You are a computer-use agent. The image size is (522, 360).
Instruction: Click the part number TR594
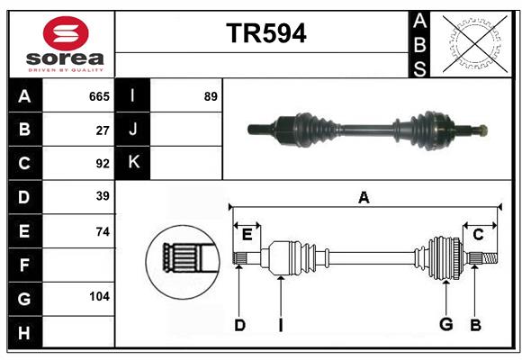pos(265,33)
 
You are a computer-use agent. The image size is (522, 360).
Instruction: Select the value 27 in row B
pos(103,130)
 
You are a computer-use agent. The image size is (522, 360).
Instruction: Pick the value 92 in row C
pos(103,164)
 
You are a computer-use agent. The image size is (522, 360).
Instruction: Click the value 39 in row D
pos(103,196)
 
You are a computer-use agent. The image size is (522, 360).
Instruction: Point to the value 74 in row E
pos(103,231)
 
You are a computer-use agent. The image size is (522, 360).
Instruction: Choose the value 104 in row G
pos(99,297)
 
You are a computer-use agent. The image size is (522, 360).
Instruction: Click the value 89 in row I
pos(211,96)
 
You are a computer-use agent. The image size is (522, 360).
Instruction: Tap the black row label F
pos(24,265)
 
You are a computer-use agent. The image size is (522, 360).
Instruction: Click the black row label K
pos(133,163)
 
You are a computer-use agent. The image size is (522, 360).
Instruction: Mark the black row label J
pos(133,130)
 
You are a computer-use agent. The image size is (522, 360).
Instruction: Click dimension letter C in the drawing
pos(478,234)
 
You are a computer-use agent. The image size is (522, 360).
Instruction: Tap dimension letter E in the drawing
pos(247,234)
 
